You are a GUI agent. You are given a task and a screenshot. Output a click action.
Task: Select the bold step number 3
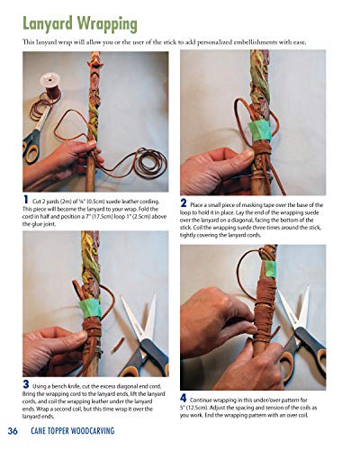pyautogui.click(x=26, y=384)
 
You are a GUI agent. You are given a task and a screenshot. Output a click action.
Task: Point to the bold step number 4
pyautogui.click(x=184, y=397)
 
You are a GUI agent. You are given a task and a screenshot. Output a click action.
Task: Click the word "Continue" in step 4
pyautogui.click(x=209, y=398)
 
